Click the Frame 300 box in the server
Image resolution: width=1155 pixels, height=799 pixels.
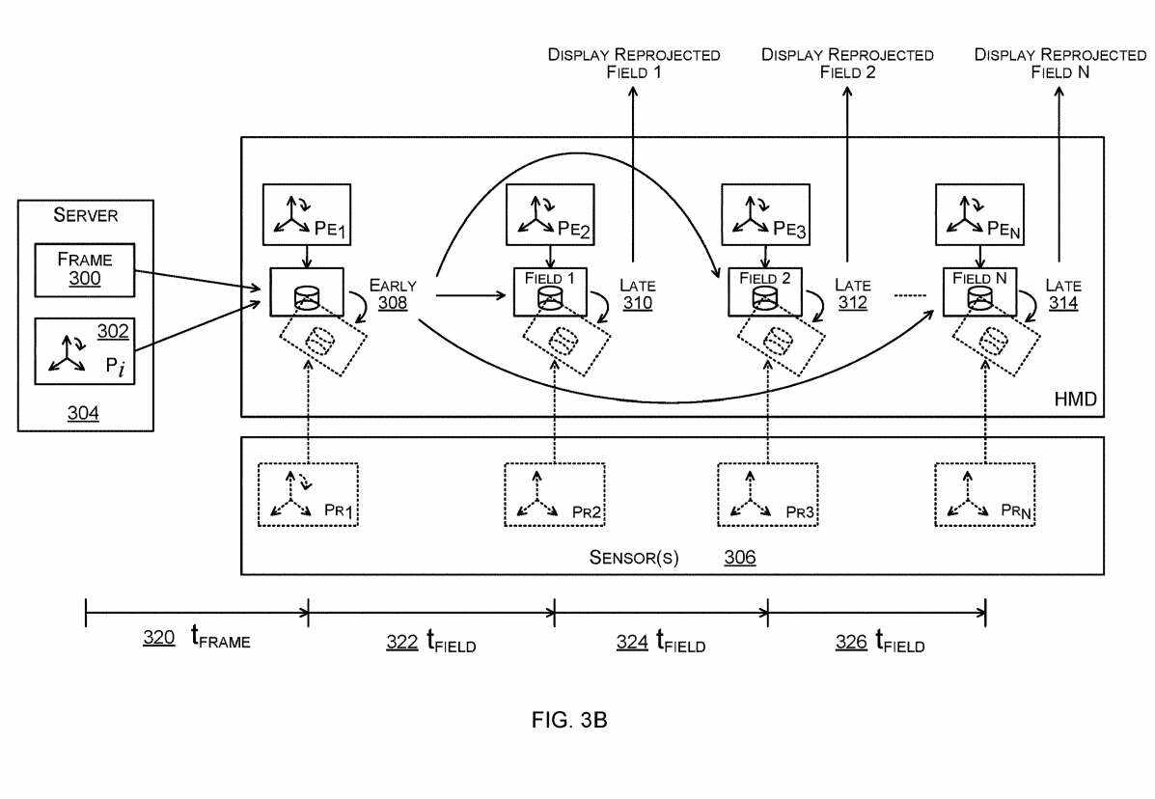click(84, 270)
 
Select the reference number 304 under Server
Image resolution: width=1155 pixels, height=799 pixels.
click(82, 413)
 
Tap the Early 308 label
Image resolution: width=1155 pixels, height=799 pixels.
click(393, 294)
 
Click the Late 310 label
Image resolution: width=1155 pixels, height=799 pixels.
click(637, 294)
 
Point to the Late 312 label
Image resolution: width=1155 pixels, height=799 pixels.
click(853, 294)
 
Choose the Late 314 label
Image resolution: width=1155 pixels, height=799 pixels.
click(1063, 294)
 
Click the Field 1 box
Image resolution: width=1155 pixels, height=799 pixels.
click(550, 290)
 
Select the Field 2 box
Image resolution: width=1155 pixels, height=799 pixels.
click(765, 290)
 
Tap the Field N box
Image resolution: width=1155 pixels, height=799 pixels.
click(979, 290)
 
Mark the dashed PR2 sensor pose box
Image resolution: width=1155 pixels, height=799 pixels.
click(554, 495)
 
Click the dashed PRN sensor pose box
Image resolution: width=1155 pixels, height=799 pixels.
click(984, 495)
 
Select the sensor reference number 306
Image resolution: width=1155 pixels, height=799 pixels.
click(740, 558)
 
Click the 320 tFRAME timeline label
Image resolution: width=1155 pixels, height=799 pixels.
click(196, 639)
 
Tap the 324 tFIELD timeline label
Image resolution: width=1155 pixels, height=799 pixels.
click(661, 641)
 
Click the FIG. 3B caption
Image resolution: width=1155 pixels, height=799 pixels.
click(569, 720)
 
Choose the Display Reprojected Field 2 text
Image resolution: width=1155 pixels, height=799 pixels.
click(847, 63)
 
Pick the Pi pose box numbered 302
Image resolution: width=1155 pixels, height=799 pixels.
click(84, 350)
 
